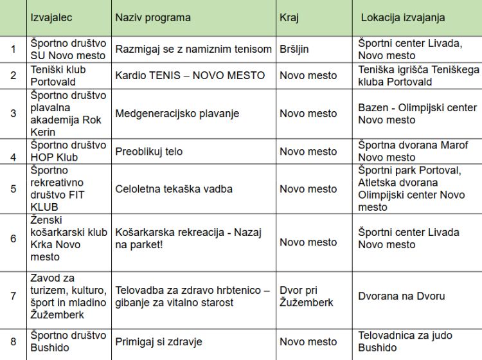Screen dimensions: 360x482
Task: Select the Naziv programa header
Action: (x=152, y=17)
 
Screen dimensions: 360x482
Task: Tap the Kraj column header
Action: (x=289, y=17)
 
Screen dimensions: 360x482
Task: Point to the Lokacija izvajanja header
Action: (x=403, y=17)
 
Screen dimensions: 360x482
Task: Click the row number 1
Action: (x=13, y=50)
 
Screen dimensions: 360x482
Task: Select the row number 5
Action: (x=13, y=189)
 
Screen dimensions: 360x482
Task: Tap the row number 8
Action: (x=13, y=341)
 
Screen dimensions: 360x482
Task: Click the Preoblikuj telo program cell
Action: (x=148, y=152)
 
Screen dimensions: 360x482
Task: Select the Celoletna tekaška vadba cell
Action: (x=174, y=189)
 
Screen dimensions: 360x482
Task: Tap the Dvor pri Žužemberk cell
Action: (x=307, y=296)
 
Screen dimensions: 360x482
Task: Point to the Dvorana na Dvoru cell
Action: (x=401, y=296)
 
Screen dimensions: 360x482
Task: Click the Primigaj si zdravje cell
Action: (x=157, y=341)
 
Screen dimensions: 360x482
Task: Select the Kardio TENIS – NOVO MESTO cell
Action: (x=190, y=75)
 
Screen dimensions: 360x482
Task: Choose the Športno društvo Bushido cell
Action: (x=67, y=341)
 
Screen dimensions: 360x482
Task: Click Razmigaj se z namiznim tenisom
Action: (x=193, y=50)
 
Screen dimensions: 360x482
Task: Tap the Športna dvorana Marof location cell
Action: (x=413, y=151)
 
